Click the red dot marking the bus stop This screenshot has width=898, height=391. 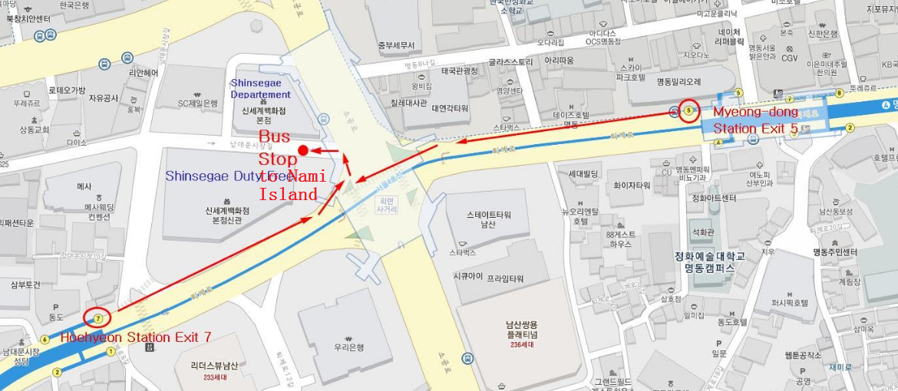click(x=303, y=149)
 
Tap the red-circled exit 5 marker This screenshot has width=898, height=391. click(x=688, y=111)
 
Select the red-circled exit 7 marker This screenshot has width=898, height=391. click(x=97, y=317)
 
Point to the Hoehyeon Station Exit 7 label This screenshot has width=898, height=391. click(x=136, y=337)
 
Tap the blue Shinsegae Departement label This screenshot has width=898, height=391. click(x=261, y=88)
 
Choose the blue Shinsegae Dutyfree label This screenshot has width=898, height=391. click(x=230, y=176)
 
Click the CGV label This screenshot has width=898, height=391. click(x=790, y=58)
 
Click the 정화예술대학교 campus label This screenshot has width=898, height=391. click(x=705, y=262)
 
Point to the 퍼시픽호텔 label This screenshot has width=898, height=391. click(x=790, y=303)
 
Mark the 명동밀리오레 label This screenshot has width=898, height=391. click(x=678, y=81)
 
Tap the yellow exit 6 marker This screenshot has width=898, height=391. click(x=45, y=340)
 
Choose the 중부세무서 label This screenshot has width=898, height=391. click(x=395, y=45)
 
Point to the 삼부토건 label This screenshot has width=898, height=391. click(x=25, y=284)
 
